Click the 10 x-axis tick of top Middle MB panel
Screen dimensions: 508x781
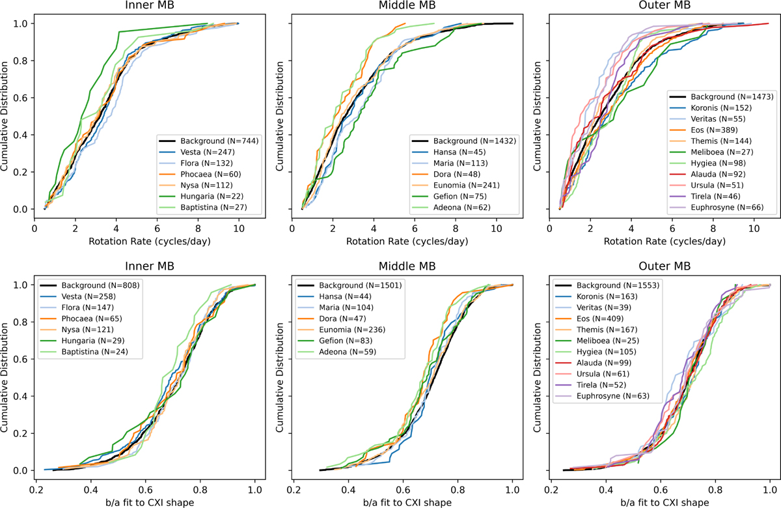[496, 229]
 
